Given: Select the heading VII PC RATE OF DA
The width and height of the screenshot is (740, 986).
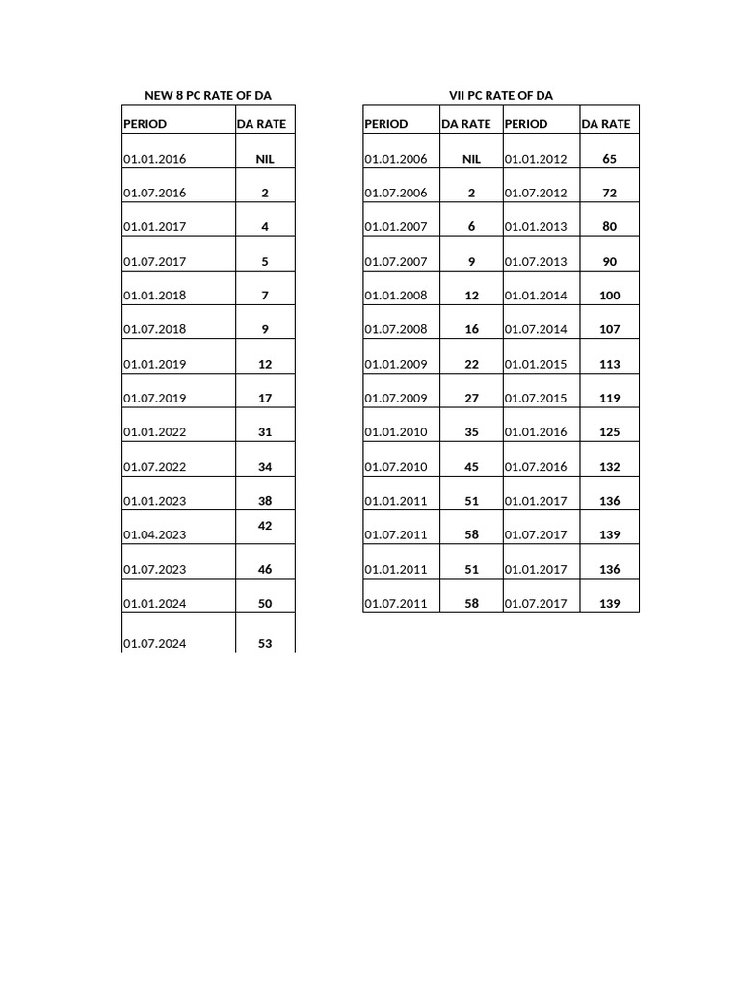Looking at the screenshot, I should [x=500, y=95].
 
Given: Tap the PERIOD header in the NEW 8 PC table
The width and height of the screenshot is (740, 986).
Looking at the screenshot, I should [x=145, y=124].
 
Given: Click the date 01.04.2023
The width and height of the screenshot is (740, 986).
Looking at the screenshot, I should [x=154, y=535].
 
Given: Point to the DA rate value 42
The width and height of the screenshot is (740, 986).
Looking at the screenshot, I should [x=265, y=526].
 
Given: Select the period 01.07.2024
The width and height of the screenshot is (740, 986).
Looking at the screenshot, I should [x=154, y=644].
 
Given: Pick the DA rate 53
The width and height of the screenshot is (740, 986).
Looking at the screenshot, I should [x=265, y=644].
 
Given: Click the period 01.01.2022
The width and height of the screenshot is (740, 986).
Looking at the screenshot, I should [x=154, y=432].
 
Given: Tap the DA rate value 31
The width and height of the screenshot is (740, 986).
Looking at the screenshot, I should [x=265, y=432].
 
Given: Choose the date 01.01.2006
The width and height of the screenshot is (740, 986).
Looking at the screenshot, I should [x=395, y=159].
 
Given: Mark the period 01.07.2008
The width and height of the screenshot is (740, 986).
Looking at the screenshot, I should [x=395, y=330].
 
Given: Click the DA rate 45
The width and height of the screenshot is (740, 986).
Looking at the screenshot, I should [x=471, y=467].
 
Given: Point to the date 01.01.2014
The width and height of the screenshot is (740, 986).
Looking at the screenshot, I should [x=536, y=296].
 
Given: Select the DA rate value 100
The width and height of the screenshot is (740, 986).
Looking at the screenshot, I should [x=609, y=296].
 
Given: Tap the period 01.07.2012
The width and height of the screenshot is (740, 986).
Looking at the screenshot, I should [x=536, y=194].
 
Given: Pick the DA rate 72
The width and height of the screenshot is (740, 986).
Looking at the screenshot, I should [x=609, y=194].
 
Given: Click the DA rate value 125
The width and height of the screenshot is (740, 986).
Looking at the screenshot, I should [x=609, y=432].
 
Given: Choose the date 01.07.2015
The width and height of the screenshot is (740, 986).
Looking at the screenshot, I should [x=536, y=399].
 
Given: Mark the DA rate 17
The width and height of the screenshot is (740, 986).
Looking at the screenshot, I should [x=265, y=399].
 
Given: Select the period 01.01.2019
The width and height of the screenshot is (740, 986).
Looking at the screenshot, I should [x=154, y=365].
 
